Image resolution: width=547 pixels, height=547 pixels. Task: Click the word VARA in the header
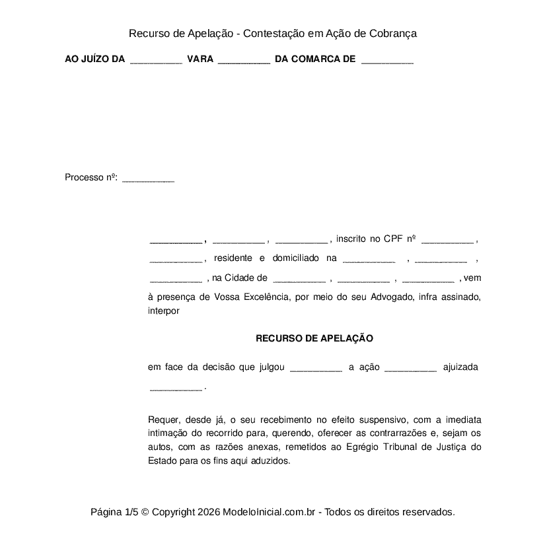pyautogui.click(x=200, y=59)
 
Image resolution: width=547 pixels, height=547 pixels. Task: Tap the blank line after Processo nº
pyautogui.click(x=149, y=178)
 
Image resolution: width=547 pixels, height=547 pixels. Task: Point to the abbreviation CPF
pyautogui.click(x=393, y=238)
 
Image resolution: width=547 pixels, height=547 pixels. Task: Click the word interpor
pyautogui.click(x=164, y=310)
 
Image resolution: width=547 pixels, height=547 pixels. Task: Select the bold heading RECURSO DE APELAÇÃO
pyautogui.click(x=314, y=338)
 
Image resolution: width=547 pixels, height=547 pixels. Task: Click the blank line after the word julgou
pyautogui.click(x=316, y=367)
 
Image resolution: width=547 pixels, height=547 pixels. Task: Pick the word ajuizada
pyautogui.click(x=460, y=367)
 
